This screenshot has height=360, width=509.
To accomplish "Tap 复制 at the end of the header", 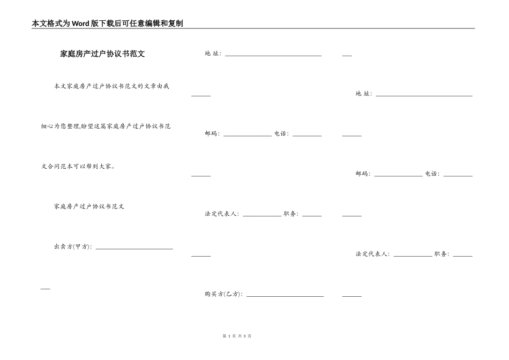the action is coord(176,24).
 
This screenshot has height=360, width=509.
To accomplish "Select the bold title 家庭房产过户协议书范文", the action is coord(102,54).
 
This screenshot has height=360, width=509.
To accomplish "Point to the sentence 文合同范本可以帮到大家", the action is coord(78,166).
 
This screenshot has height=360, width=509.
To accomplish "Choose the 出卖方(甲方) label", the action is coord(72,246).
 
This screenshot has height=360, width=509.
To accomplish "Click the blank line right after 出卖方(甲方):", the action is coord(134,247).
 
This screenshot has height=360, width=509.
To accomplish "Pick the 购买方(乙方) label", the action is coord(223,294).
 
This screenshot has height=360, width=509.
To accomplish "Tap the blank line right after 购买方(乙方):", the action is coord(285,295).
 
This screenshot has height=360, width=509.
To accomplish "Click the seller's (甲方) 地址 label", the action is coord(213,54).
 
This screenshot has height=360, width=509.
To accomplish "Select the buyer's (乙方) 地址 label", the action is coord(363,94).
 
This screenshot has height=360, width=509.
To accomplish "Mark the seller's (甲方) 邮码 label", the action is coord(212,134).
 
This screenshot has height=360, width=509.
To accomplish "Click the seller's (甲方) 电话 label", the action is coord(281,134).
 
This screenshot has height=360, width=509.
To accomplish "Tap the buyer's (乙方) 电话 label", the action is coord(432,174).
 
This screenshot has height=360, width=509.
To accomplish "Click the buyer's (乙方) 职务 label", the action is coord(441,254).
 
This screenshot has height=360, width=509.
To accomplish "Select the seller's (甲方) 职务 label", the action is coord(291,214).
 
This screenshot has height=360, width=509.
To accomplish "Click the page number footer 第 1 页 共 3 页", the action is coord(236,336).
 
